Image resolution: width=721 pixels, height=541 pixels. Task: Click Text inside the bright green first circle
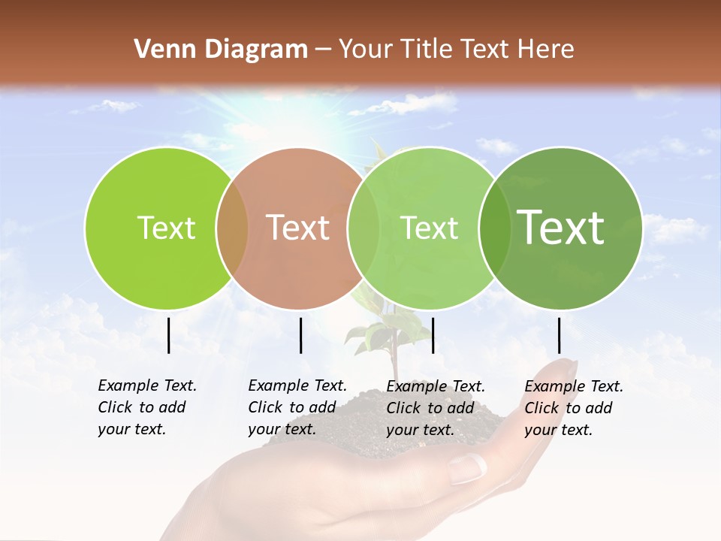pyautogui.click(x=166, y=228)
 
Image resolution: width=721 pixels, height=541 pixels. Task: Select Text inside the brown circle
pyautogui.click(x=298, y=228)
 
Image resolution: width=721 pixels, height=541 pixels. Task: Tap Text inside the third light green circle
pyautogui.click(x=429, y=228)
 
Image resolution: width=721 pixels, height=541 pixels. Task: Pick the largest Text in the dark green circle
pyautogui.click(x=561, y=228)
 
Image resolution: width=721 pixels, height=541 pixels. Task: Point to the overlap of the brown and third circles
pyautogui.click(x=364, y=228)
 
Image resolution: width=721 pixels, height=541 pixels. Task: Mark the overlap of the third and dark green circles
pyautogui.click(x=494, y=228)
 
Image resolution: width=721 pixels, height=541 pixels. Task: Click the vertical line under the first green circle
pyautogui.click(x=168, y=335)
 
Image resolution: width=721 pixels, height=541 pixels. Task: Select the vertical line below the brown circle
pyautogui.click(x=300, y=335)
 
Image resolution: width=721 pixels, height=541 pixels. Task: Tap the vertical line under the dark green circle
pyautogui.click(x=559, y=335)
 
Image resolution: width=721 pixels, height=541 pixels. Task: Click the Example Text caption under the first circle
pyautogui.click(x=146, y=407)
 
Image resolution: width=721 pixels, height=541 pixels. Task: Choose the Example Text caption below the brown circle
pyautogui.click(x=297, y=407)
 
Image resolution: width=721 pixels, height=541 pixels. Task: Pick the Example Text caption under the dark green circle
pyautogui.click(x=573, y=407)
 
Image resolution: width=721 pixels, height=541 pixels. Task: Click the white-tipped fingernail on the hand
pyautogui.click(x=467, y=469)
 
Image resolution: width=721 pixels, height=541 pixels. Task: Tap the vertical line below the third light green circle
pyautogui.click(x=433, y=335)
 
